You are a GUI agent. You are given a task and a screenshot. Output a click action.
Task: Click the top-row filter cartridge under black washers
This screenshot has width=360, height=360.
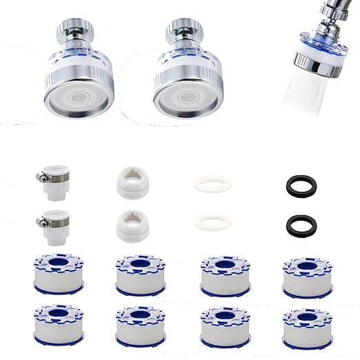(308, 274)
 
